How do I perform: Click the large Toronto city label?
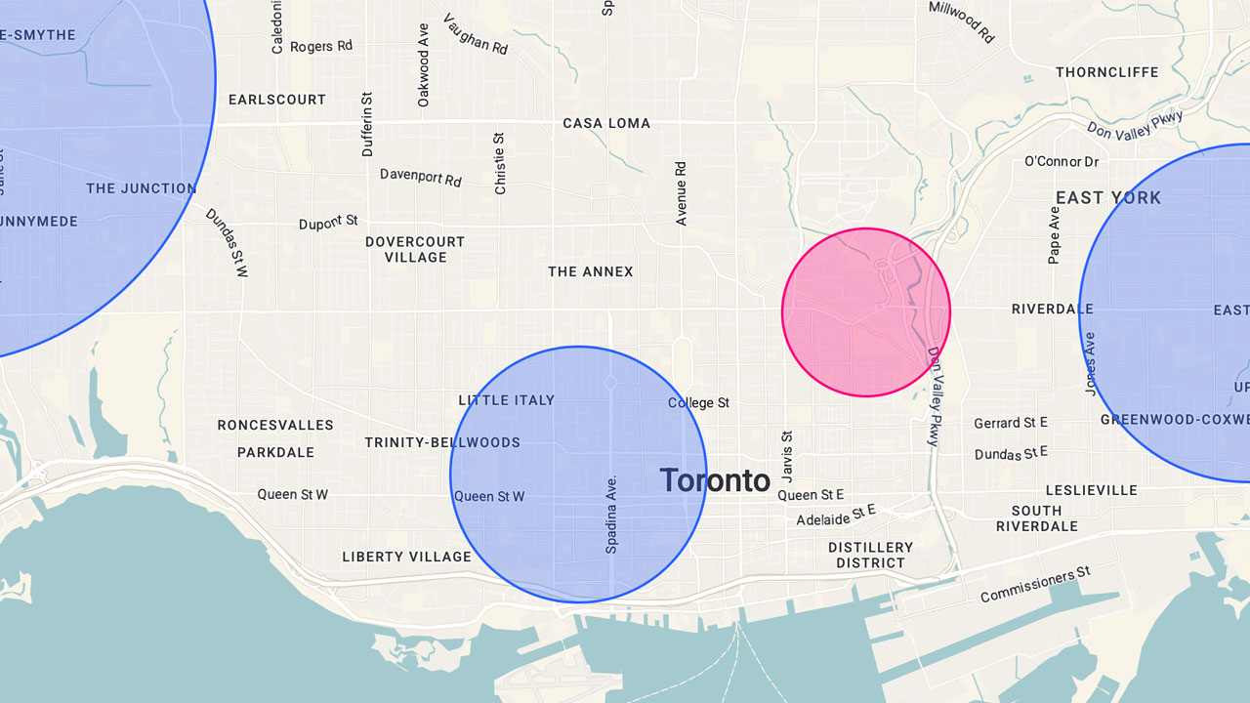(715, 479)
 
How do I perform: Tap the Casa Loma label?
(606, 123)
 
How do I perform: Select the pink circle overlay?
(865, 312)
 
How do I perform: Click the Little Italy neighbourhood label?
(506, 400)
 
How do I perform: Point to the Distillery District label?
(870, 555)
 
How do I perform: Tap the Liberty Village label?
(406, 557)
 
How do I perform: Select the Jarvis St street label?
(788, 456)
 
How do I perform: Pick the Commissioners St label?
(1034, 584)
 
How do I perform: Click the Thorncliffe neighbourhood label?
(1106, 72)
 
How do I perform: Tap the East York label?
(1108, 198)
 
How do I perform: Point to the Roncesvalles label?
(275, 425)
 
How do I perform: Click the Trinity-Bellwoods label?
(442, 442)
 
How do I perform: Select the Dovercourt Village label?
(415, 249)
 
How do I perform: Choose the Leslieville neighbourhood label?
(1091, 490)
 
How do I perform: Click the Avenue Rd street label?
(682, 193)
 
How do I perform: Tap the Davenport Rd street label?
(421, 177)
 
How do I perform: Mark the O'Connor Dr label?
(1061, 161)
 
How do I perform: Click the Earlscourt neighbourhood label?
(277, 100)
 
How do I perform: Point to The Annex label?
(590, 271)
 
